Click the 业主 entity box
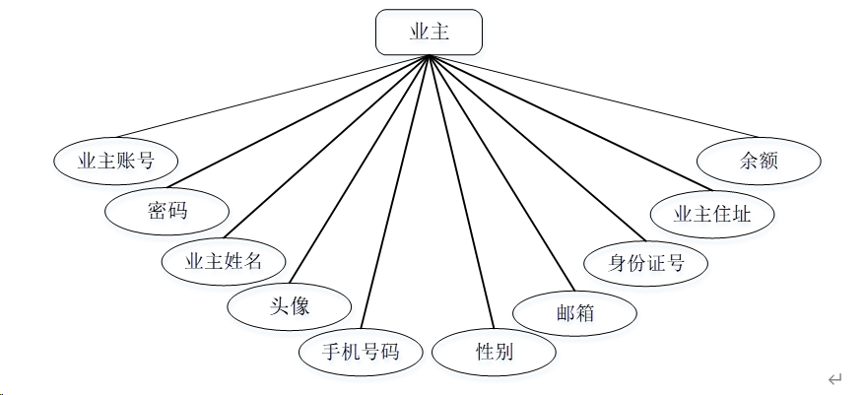tap(429, 33)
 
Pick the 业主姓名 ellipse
tap(224, 261)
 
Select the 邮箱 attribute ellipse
tap(575, 314)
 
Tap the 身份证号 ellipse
tap(645, 263)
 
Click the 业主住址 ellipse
tap(712, 214)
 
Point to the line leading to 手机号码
tap(397, 194)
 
